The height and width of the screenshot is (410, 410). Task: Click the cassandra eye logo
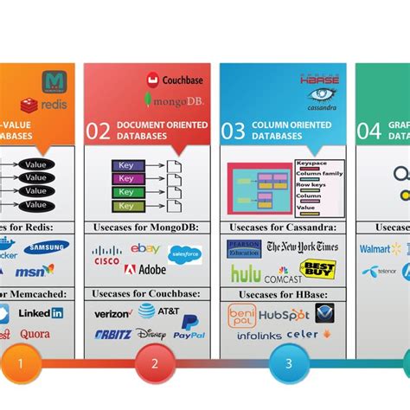[x=322, y=96]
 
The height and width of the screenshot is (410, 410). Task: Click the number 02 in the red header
[x=97, y=131]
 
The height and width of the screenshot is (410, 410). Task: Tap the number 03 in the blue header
[x=233, y=131]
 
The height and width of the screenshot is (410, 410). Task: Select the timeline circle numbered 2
[x=155, y=363]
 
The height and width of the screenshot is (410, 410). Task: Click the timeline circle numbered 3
[x=289, y=363]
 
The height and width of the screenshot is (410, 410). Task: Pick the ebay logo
[x=145, y=249]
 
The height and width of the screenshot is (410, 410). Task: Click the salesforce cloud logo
[x=184, y=254]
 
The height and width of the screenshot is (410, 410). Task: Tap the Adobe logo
[x=144, y=270]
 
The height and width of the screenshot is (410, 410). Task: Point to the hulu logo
[x=245, y=274]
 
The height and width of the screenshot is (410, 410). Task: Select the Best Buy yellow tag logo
[x=317, y=270]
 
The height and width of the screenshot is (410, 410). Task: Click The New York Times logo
[x=302, y=247]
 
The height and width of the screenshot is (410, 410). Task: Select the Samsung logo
[x=46, y=247]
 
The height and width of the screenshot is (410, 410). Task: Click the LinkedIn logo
[x=40, y=313]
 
